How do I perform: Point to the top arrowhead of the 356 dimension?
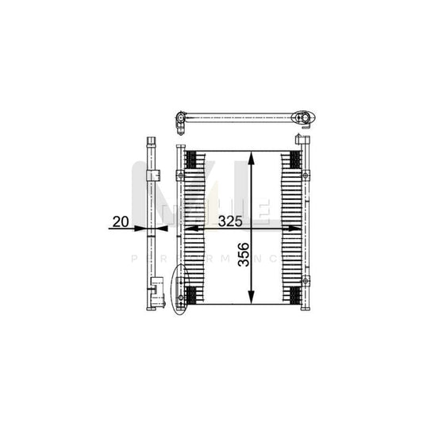(x=252, y=157)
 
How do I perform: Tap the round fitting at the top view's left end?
(x=181, y=120)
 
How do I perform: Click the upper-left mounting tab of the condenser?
(x=180, y=175)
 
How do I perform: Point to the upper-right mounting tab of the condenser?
(x=306, y=174)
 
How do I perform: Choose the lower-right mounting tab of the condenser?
(x=306, y=281)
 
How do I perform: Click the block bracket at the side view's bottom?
(x=160, y=293)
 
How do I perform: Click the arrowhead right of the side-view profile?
(x=162, y=229)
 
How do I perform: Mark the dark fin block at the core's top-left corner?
(x=190, y=158)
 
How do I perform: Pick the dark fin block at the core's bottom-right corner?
(x=295, y=297)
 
